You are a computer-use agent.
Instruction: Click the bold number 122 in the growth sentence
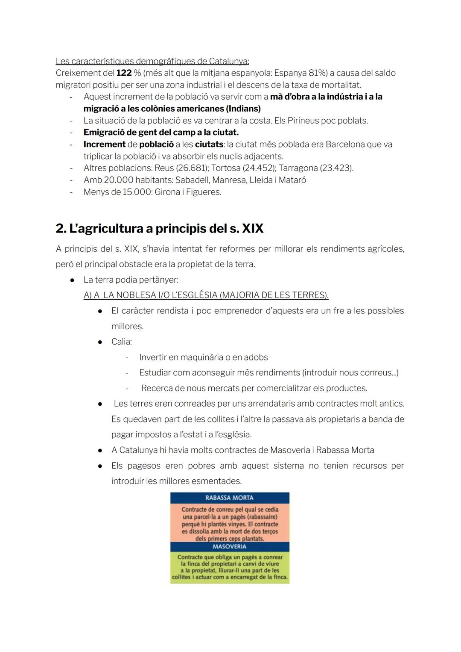coord(124,73)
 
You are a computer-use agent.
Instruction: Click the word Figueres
coord(204,192)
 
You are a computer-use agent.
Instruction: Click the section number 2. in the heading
coord(61,229)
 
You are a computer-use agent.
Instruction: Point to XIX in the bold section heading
coord(253,229)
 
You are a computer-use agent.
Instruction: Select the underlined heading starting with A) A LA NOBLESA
coord(206,295)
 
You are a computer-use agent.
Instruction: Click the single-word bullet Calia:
coord(122,342)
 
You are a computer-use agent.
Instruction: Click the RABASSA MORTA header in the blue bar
coord(229,498)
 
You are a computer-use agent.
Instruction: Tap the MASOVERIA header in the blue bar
coord(229,547)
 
